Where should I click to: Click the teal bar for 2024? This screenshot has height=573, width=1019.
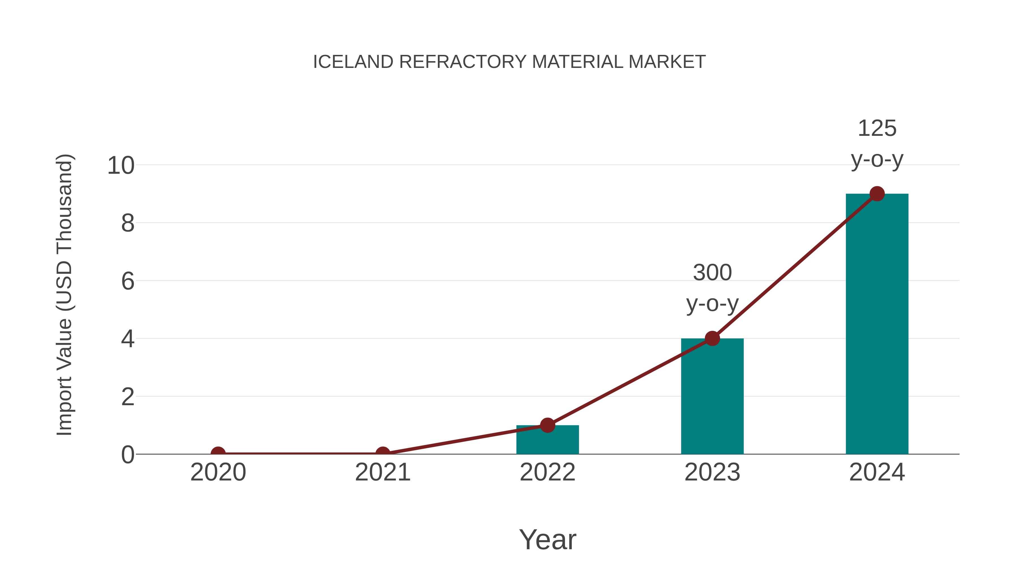[x=877, y=324]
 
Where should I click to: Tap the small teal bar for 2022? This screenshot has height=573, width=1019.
[x=547, y=440]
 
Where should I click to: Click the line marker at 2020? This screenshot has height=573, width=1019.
[x=218, y=453]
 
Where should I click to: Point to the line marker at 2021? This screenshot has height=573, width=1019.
[x=382, y=453]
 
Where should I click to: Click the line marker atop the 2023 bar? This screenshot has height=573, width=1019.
[x=712, y=338]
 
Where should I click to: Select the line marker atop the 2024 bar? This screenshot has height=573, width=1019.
[x=877, y=194]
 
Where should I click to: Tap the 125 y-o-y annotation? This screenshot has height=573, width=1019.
[x=877, y=144]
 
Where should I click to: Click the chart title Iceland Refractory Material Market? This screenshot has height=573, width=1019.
[x=509, y=62]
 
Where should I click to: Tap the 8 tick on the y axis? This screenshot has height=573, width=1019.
[x=128, y=224]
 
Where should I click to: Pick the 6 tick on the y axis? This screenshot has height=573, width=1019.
[x=128, y=281]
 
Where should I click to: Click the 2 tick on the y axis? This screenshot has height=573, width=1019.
[x=128, y=397]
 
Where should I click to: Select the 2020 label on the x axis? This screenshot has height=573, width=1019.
[x=218, y=472]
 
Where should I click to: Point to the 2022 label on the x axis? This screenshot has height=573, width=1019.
[x=547, y=472]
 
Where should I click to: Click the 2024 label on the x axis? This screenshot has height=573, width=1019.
[x=877, y=472]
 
